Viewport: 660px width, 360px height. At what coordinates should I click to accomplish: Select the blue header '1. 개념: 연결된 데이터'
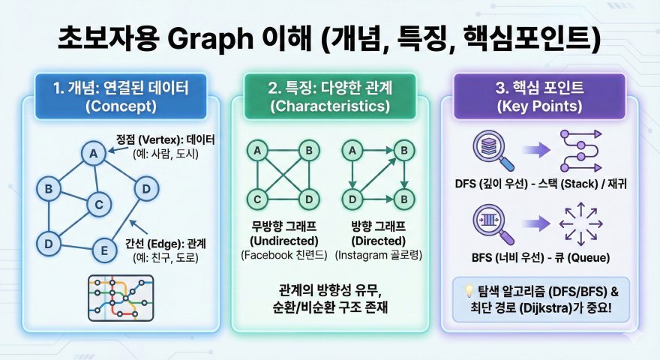[x=121, y=97]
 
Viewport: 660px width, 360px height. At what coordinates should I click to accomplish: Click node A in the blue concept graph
[x=94, y=154]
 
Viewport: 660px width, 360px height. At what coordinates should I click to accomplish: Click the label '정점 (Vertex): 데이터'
[x=165, y=139]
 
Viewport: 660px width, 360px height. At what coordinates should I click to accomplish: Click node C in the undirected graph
[x=257, y=199]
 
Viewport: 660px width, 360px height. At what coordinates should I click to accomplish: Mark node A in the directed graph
[x=349, y=151]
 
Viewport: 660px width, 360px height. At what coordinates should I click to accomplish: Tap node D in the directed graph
[x=349, y=199]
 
